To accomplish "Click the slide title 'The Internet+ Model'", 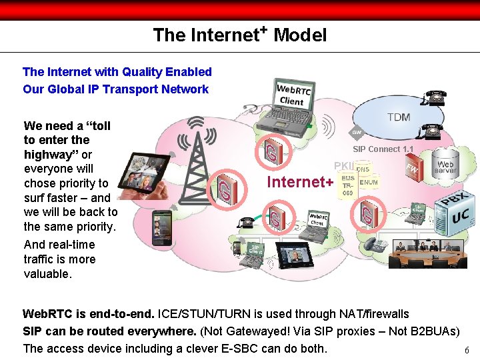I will click(239, 35).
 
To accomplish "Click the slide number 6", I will click(467, 351).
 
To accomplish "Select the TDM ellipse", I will click(398, 117).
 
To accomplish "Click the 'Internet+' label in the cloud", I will click(300, 182).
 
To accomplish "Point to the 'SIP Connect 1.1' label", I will click(383, 149).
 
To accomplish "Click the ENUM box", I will click(369, 182).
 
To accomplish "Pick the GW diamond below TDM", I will click(357, 133).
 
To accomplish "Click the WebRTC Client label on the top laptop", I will click(292, 95).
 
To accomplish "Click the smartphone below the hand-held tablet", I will click(161, 227).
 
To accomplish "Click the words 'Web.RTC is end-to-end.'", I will click(89, 313).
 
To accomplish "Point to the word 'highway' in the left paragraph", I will click(51, 154).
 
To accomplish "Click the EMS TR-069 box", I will click(348, 185).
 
